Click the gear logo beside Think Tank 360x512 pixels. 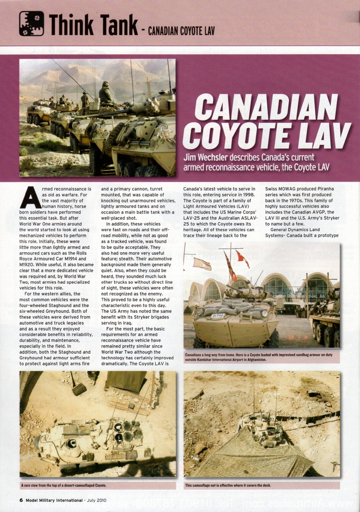pyautogui.click(x=32, y=24)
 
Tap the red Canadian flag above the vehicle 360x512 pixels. pyautogui.click(x=243, y=258)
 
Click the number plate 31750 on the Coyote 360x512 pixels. pyautogui.click(x=217, y=315)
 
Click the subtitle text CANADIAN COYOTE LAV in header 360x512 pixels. pyautogui.click(x=181, y=31)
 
